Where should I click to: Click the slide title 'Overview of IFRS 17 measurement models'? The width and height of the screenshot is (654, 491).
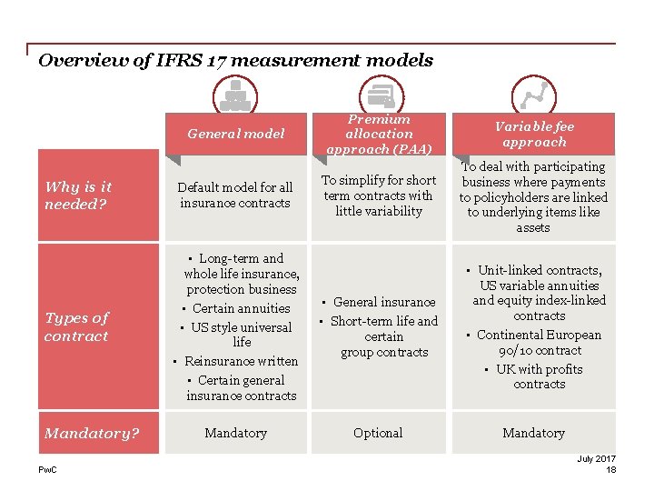(x=235, y=61)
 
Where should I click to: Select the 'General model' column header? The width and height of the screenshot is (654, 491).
(x=235, y=134)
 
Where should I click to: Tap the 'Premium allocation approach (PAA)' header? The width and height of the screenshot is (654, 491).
(x=378, y=134)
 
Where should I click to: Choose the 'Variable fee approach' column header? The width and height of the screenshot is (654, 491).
(x=533, y=134)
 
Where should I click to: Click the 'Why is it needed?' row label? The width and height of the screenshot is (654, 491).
(x=78, y=195)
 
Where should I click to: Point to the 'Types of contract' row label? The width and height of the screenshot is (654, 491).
(x=76, y=326)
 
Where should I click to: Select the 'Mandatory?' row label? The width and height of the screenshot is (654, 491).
(x=92, y=433)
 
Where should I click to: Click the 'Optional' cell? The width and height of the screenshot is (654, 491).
(x=378, y=433)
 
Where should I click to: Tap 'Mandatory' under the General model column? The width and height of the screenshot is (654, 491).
(x=235, y=433)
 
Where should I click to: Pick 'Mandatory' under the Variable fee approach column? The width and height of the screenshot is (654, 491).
(x=533, y=433)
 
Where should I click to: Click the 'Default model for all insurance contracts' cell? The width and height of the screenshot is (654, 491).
(x=235, y=195)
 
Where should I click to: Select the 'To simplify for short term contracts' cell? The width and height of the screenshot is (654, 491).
(x=378, y=195)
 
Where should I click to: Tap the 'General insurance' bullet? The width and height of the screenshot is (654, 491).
(x=383, y=302)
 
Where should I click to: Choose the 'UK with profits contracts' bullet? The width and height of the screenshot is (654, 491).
(x=539, y=376)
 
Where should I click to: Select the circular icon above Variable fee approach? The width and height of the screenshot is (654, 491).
(x=533, y=95)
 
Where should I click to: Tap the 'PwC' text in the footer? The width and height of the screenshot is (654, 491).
(x=46, y=469)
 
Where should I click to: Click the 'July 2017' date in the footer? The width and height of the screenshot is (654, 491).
(x=596, y=458)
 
